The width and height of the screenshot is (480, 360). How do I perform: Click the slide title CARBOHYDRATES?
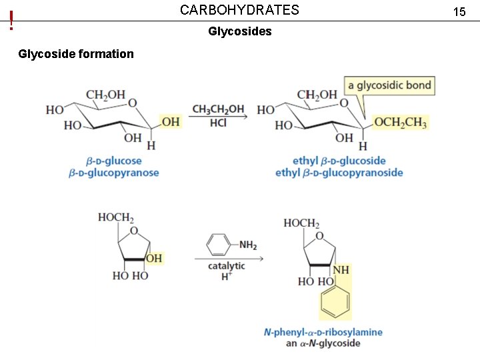239,10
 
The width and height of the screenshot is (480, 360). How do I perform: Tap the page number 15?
459,12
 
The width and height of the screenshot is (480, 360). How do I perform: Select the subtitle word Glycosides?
239,31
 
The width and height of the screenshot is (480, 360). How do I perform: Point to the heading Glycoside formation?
76,54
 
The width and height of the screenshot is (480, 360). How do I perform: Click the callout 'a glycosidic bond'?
389,85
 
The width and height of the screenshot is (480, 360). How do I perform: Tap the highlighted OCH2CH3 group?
400,122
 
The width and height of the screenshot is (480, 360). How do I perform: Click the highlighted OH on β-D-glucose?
171,121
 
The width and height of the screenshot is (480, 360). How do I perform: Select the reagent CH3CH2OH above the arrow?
218,109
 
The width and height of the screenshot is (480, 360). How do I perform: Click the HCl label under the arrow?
218,123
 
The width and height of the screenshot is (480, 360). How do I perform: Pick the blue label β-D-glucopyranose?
113,173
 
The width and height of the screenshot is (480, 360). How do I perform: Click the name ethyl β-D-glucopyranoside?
339,173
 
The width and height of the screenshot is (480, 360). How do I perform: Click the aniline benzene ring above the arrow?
218,244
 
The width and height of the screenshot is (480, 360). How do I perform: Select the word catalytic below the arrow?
226,266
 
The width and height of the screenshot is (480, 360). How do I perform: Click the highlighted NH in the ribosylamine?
341,270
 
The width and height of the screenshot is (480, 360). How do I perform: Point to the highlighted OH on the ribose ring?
154,258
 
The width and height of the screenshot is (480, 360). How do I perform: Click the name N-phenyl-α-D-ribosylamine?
323,332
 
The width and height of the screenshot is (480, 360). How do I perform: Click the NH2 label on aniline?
247,245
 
